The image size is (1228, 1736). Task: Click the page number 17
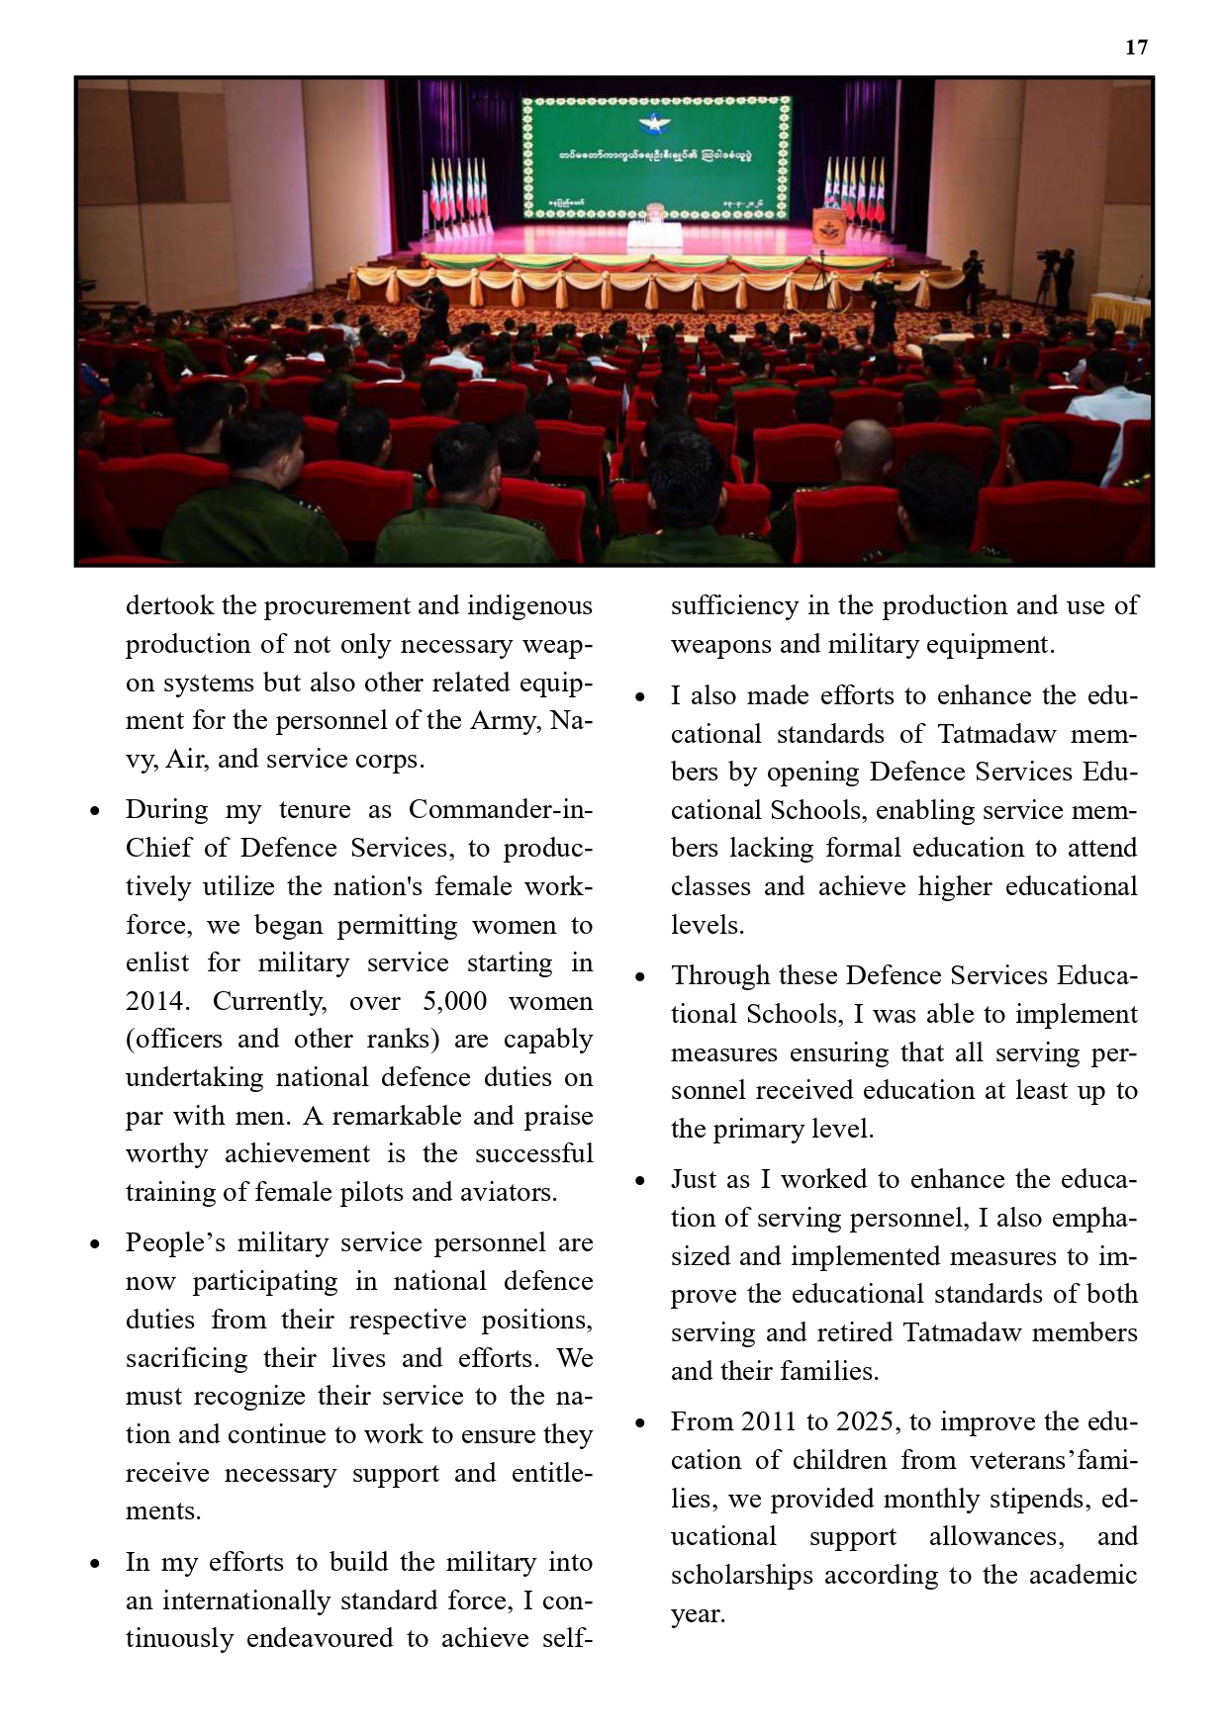1136,47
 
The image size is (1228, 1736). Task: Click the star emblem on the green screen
654,125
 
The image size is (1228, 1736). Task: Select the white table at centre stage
654,235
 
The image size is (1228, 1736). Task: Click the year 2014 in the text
154,1001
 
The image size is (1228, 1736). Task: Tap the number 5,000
454,1001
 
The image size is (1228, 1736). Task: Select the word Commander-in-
501,809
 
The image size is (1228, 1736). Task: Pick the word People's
175,1242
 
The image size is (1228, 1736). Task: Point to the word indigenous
529,605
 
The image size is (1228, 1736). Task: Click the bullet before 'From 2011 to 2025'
641,1423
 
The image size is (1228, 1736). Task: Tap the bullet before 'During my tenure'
95,811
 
